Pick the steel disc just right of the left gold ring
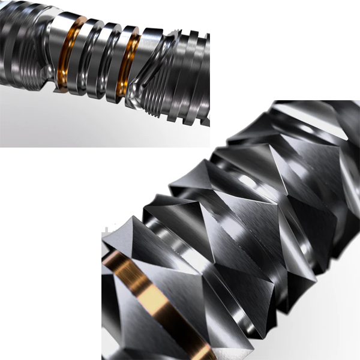81,57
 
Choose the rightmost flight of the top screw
201,78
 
